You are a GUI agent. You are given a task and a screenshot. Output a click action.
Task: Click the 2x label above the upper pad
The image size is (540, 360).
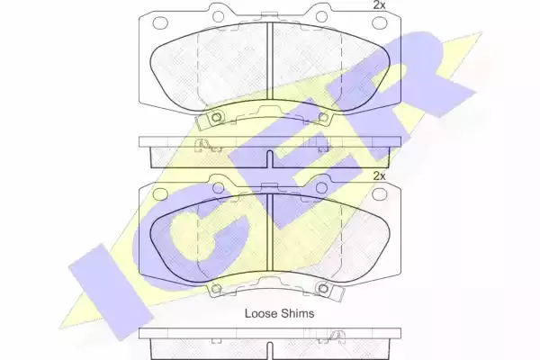tap(379, 5)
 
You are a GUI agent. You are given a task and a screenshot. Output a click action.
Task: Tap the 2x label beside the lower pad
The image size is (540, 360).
tap(379, 176)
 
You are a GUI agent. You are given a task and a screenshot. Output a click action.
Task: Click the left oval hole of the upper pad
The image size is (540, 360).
tap(160, 22)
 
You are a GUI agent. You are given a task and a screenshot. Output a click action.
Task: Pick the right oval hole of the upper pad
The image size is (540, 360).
tap(380, 22)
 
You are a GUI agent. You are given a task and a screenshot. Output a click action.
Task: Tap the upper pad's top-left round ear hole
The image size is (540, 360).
tap(218, 16)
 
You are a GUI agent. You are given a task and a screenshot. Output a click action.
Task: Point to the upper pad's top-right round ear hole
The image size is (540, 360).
tap(321, 16)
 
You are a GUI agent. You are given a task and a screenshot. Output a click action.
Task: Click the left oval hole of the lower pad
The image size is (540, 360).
tap(160, 194)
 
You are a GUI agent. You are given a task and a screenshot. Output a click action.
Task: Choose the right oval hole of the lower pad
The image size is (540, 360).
tap(380, 194)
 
